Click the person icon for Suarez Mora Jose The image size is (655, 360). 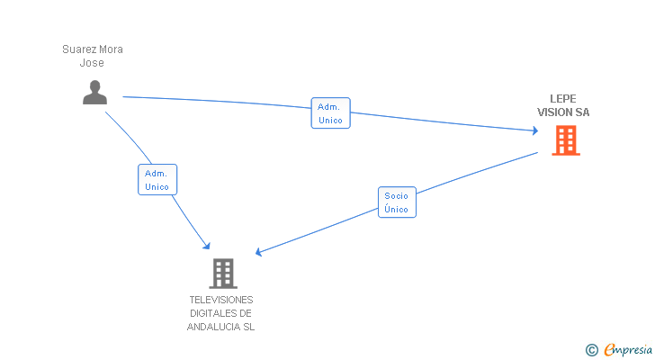tap(94, 92)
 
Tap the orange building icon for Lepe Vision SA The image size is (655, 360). tap(565, 140)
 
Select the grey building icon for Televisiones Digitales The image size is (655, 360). tap(222, 273)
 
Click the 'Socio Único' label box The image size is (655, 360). tap(396, 202)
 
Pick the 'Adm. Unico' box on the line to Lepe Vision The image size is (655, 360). tap(330, 113)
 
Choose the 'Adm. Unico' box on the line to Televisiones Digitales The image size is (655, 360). tap(157, 180)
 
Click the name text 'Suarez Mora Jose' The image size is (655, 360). tap(92, 56)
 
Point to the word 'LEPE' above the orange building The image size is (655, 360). tap(563, 99)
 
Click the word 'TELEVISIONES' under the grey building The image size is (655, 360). tap(221, 300)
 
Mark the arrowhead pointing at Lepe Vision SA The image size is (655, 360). tap(534, 131)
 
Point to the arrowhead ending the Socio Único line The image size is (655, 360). tap(259, 254)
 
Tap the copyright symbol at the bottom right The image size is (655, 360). tap(591, 349)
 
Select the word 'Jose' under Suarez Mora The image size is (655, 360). tap(92, 63)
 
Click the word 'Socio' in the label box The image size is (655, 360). tap(396, 196)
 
